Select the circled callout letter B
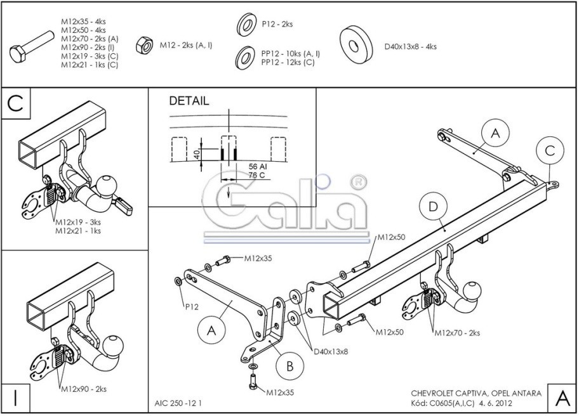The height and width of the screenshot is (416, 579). (x=289, y=366)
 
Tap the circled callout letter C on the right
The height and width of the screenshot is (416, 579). (x=550, y=151)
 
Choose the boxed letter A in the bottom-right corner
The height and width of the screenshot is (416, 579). (x=562, y=398)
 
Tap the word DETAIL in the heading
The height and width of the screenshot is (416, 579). (x=189, y=101)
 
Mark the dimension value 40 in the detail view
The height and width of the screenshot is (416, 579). (x=197, y=153)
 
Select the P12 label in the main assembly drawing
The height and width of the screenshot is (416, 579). (x=192, y=307)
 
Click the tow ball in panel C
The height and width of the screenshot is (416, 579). (x=106, y=185)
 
